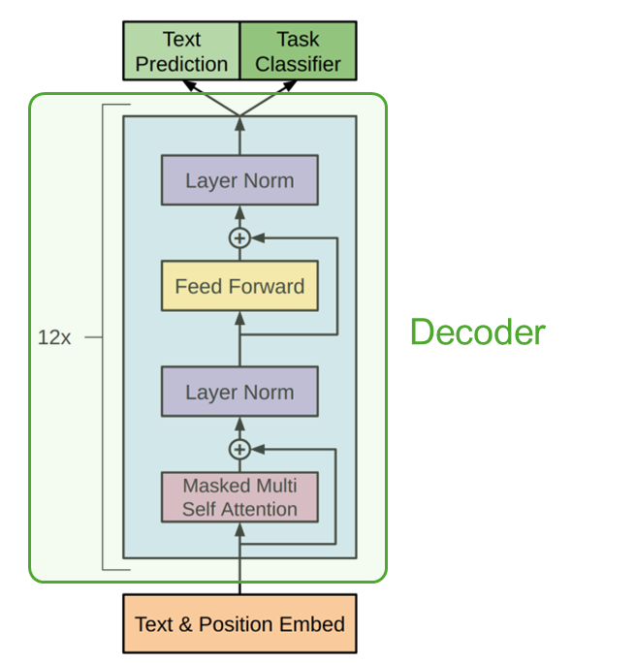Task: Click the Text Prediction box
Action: point(181,52)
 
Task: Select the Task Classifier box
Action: point(298,52)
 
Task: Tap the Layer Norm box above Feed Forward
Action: point(239,180)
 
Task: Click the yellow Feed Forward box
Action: point(239,286)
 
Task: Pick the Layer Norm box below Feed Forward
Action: point(239,393)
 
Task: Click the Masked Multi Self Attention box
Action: point(239,497)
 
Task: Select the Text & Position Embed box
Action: point(239,623)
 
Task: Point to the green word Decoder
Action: point(477,333)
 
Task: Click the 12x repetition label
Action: point(54,338)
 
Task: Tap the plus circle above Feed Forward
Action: point(239,237)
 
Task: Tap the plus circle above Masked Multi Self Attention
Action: point(239,449)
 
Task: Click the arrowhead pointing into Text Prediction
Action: point(190,85)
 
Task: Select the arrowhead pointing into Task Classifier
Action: point(289,85)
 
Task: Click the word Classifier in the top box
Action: point(298,65)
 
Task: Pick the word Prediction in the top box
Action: point(181,65)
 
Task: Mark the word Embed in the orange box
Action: point(317,623)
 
